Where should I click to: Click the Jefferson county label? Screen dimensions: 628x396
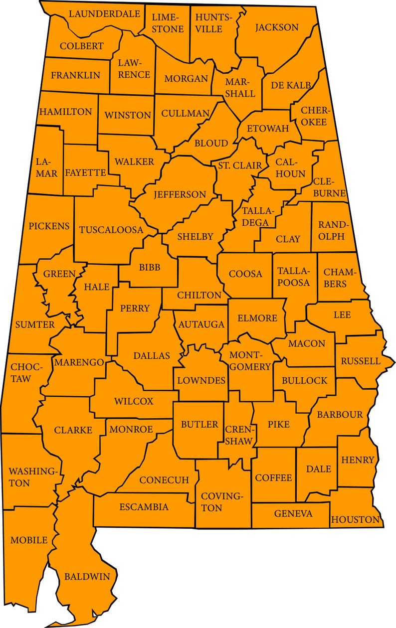(180, 194)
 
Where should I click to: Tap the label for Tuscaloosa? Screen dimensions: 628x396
(111, 230)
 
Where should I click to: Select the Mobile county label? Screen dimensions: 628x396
(29, 540)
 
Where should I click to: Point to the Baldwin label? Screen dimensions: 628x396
(87, 577)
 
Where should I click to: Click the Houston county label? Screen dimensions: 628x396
(355, 520)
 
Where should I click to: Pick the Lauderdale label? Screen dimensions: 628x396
(104, 13)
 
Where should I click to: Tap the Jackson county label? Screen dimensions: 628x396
(277, 27)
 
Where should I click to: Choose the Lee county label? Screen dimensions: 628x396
(343, 315)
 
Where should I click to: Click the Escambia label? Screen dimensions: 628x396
(144, 507)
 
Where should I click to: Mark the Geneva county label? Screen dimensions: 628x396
(293, 513)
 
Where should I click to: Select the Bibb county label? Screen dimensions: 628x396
(150, 268)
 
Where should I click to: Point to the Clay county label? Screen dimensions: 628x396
(288, 239)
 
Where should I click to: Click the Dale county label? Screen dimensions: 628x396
(319, 469)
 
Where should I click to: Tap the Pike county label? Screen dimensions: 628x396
(278, 424)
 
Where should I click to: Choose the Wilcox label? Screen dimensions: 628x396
(134, 401)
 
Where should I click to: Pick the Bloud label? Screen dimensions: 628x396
(211, 144)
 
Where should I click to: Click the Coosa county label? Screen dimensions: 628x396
(245, 274)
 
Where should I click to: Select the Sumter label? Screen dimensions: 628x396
(35, 325)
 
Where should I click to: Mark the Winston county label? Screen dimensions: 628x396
(127, 115)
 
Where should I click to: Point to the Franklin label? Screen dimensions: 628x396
(75, 75)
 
